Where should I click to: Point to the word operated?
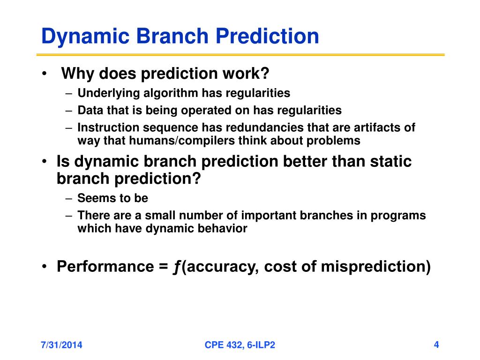click(206, 111)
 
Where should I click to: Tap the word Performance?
click(105, 266)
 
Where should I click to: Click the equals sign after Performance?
click(163, 267)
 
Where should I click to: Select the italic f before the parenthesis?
click(177, 267)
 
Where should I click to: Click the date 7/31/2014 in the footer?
click(61, 345)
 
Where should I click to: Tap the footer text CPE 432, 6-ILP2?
click(240, 345)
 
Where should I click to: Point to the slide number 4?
click(436, 345)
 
